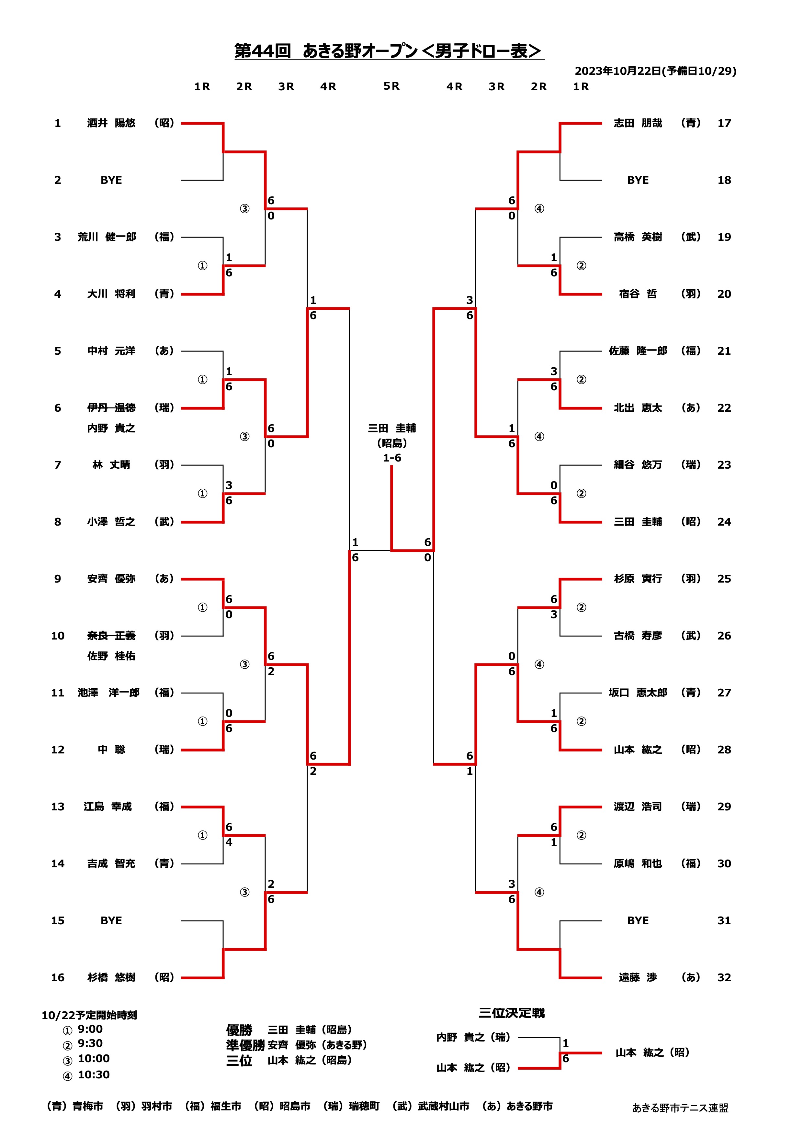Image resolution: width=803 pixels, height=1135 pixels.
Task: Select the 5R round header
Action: (391, 86)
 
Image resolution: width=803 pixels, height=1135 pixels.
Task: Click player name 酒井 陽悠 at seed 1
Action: (111, 123)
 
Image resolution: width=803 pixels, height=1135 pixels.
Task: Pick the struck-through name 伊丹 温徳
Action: (111, 408)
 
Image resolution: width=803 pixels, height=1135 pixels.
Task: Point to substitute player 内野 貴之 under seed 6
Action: (111, 428)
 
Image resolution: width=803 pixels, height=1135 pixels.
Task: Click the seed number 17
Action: (724, 123)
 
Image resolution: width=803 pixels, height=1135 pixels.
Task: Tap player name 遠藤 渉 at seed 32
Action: (638, 977)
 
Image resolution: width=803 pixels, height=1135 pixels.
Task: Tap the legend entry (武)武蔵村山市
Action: (430, 1106)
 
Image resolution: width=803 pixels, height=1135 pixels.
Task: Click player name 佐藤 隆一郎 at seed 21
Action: (638, 351)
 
